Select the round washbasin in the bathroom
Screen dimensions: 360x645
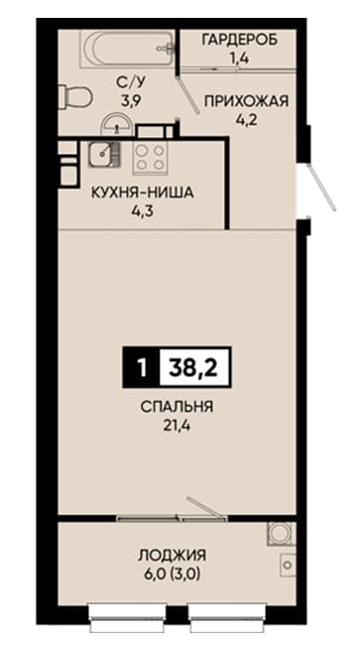118,123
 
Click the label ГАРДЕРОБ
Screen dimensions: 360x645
239,40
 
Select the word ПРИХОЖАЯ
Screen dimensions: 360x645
246,101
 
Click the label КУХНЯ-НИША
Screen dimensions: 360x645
143,193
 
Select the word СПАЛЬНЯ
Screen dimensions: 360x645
177,407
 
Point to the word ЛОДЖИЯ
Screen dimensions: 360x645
172,556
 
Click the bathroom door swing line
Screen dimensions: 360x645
187,95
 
